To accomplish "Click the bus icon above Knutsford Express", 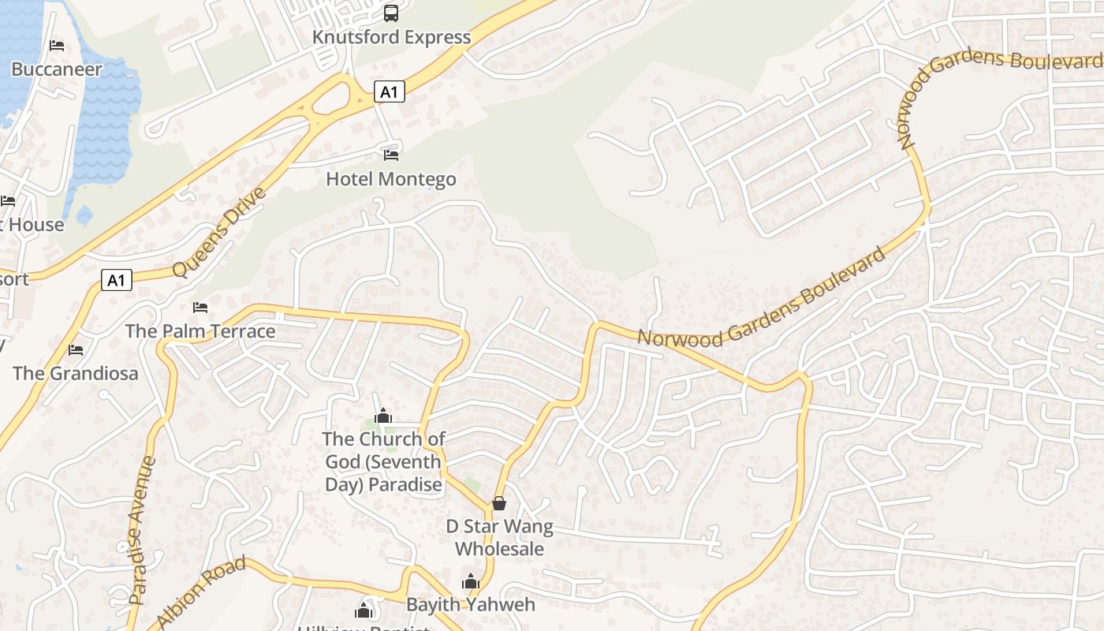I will coord(391,13).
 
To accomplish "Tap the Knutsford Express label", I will coord(391,37).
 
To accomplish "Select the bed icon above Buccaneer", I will coord(57,46).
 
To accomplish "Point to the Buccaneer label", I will coord(57,69).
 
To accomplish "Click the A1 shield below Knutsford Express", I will coord(388,92).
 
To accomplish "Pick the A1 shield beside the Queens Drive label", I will coord(116,280).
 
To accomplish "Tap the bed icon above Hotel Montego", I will coord(391,155).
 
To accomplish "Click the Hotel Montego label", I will coord(391,179).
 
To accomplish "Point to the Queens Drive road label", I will coord(219,232).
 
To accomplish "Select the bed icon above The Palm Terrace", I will coord(200,307).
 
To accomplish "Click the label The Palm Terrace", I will coord(200,331).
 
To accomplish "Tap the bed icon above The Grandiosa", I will coord(76,349).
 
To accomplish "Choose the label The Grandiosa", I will coord(76,373).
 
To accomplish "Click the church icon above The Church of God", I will coord(383,415).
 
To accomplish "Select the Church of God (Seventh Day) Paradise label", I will coord(384,461).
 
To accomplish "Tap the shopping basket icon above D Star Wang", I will coord(499,502).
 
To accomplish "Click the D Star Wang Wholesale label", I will coord(500,537).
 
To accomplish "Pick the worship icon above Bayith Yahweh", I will coord(471,582).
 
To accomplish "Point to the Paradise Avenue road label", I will coord(142,530).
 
